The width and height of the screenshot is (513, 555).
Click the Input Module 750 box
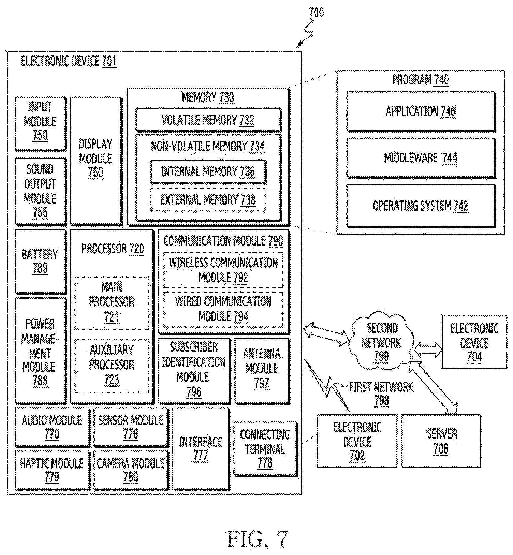point(40,123)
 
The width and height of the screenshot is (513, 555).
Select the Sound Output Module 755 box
point(40,191)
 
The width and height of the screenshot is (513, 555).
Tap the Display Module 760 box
point(96,160)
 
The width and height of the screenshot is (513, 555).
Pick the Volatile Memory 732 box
point(208,120)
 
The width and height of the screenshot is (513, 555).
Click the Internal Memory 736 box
point(208,171)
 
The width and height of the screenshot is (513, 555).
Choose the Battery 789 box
point(40,261)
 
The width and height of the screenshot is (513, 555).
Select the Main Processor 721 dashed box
point(112,303)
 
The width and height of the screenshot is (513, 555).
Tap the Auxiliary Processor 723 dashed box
point(112,366)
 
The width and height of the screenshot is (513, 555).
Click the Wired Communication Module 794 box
point(223,309)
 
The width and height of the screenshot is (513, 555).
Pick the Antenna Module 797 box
point(262,370)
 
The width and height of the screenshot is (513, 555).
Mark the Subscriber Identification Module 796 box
point(194,370)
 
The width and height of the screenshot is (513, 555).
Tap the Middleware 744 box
point(421,158)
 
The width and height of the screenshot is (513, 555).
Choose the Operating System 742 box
point(421,206)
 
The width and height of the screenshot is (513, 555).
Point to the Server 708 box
point(441,441)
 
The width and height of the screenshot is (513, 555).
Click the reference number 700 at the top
point(316,13)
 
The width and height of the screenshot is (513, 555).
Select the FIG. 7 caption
point(258,539)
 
